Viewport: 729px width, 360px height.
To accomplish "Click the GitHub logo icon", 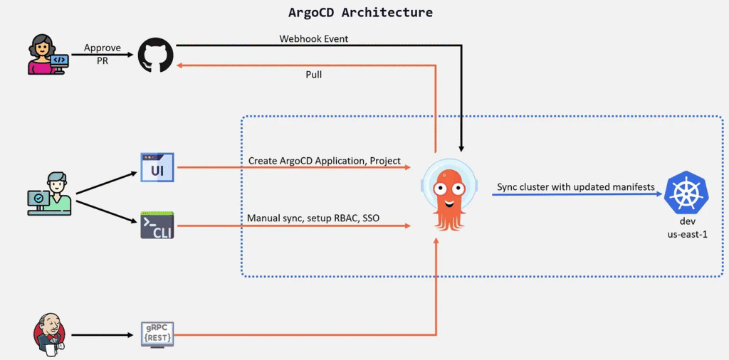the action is pyautogui.click(x=155, y=55).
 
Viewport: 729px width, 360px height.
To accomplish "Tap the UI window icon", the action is pyautogui.click(x=157, y=167).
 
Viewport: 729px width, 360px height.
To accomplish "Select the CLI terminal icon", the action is pyautogui.click(x=157, y=226).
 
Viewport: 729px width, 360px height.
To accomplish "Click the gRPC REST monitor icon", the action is pyautogui.click(x=157, y=334).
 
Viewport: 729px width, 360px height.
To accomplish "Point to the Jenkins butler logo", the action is pyautogui.click(x=49, y=334).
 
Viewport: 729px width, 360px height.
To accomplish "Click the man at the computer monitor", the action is pyautogui.click(x=50, y=194).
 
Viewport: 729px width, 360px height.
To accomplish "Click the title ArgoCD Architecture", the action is pyautogui.click(x=360, y=12).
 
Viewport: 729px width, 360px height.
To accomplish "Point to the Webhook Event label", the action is pyautogui.click(x=314, y=38).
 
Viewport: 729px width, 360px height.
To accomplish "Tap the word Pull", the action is pyautogui.click(x=314, y=74).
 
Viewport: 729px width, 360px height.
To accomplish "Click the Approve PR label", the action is pyautogui.click(x=103, y=54).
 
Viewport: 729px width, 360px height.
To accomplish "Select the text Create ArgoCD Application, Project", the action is pyautogui.click(x=325, y=161).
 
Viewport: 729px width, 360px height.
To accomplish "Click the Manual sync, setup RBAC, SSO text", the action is pyautogui.click(x=310, y=218).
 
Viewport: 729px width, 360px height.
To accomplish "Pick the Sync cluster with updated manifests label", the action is pyautogui.click(x=576, y=186).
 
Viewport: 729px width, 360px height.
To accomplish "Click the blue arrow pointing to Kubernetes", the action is pyautogui.click(x=577, y=195).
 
